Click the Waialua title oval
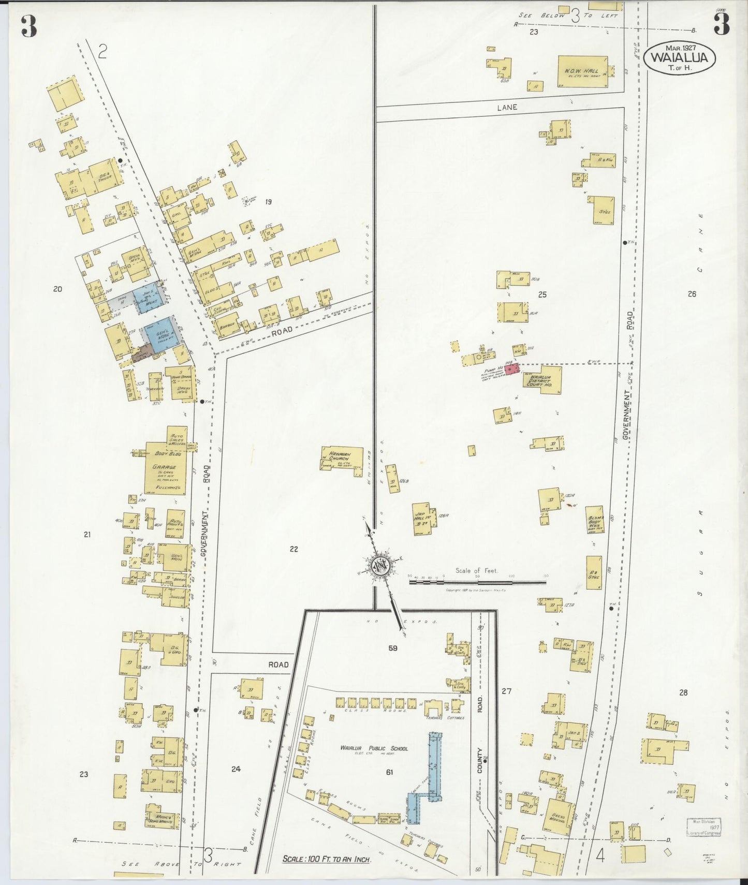(680, 57)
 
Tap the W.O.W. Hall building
(582, 72)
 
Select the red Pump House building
(511, 369)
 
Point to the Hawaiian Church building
(342, 461)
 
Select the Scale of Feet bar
(477, 582)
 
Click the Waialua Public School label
(374, 748)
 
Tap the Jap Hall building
(422, 518)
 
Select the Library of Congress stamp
(703, 827)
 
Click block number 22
(294, 549)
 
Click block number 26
(692, 294)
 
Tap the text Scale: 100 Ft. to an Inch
(326, 859)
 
